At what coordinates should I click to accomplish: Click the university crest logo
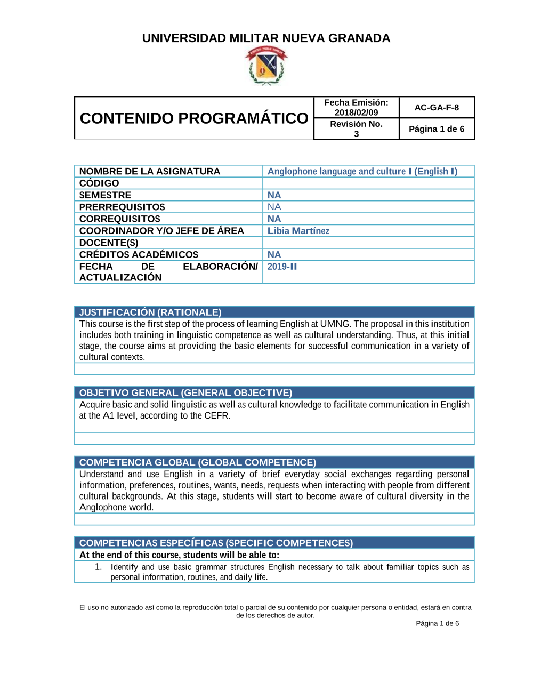click(x=266, y=66)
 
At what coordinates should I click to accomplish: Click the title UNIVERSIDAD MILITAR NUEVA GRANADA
click(x=266, y=38)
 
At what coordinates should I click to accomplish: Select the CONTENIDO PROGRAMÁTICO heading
click(x=194, y=118)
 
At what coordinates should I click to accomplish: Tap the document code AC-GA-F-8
click(x=437, y=108)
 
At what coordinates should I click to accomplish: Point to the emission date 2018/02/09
click(x=356, y=113)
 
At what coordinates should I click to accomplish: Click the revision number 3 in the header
click(x=357, y=134)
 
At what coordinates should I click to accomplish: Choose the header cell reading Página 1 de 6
click(x=437, y=129)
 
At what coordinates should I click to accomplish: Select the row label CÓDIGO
click(x=99, y=183)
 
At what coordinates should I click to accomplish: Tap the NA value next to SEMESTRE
click(x=274, y=195)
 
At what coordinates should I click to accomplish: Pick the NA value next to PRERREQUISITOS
click(x=274, y=207)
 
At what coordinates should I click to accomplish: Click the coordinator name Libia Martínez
click(x=298, y=231)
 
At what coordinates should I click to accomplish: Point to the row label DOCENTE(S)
click(x=109, y=243)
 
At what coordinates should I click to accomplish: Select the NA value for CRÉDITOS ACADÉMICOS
click(x=274, y=255)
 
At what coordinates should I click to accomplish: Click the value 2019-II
click(x=282, y=267)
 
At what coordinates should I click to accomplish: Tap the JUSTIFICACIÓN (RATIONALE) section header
click(x=150, y=312)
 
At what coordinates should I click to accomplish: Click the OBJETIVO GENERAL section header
click(x=185, y=393)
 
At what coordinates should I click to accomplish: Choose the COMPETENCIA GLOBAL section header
click(x=198, y=462)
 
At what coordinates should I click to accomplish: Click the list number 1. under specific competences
click(x=98, y=567)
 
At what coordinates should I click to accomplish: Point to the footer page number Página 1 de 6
click(x=437, y=623)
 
